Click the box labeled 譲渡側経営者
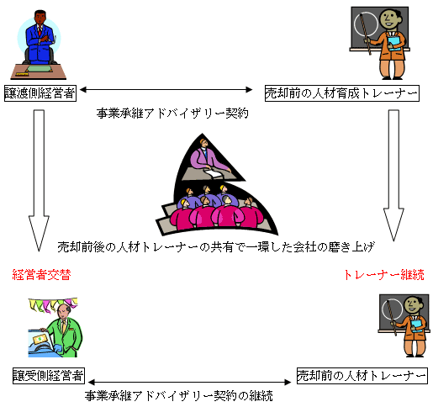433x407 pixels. (40, 93)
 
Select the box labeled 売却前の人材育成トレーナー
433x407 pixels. (342, 93)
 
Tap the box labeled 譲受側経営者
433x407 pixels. (49, 376)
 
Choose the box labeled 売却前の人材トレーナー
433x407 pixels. (362, 376)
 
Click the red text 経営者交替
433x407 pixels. (41, 275)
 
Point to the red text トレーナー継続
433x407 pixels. (384, 275)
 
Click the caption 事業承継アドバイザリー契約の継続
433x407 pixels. (179, 396)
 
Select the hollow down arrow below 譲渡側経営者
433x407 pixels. (39, 180)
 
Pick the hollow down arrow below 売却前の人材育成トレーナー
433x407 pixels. (393, 175)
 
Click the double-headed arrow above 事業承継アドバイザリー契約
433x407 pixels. (166, 90)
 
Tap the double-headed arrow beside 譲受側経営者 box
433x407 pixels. (190, 382)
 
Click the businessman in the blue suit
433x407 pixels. (40, 37)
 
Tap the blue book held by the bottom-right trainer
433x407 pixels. (417, 325)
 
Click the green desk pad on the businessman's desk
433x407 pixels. (39, 69)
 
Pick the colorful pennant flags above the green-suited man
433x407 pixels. (53, 304)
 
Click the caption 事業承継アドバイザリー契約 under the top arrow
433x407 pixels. (172, 114)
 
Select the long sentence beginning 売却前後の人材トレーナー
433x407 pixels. (216, 247)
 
